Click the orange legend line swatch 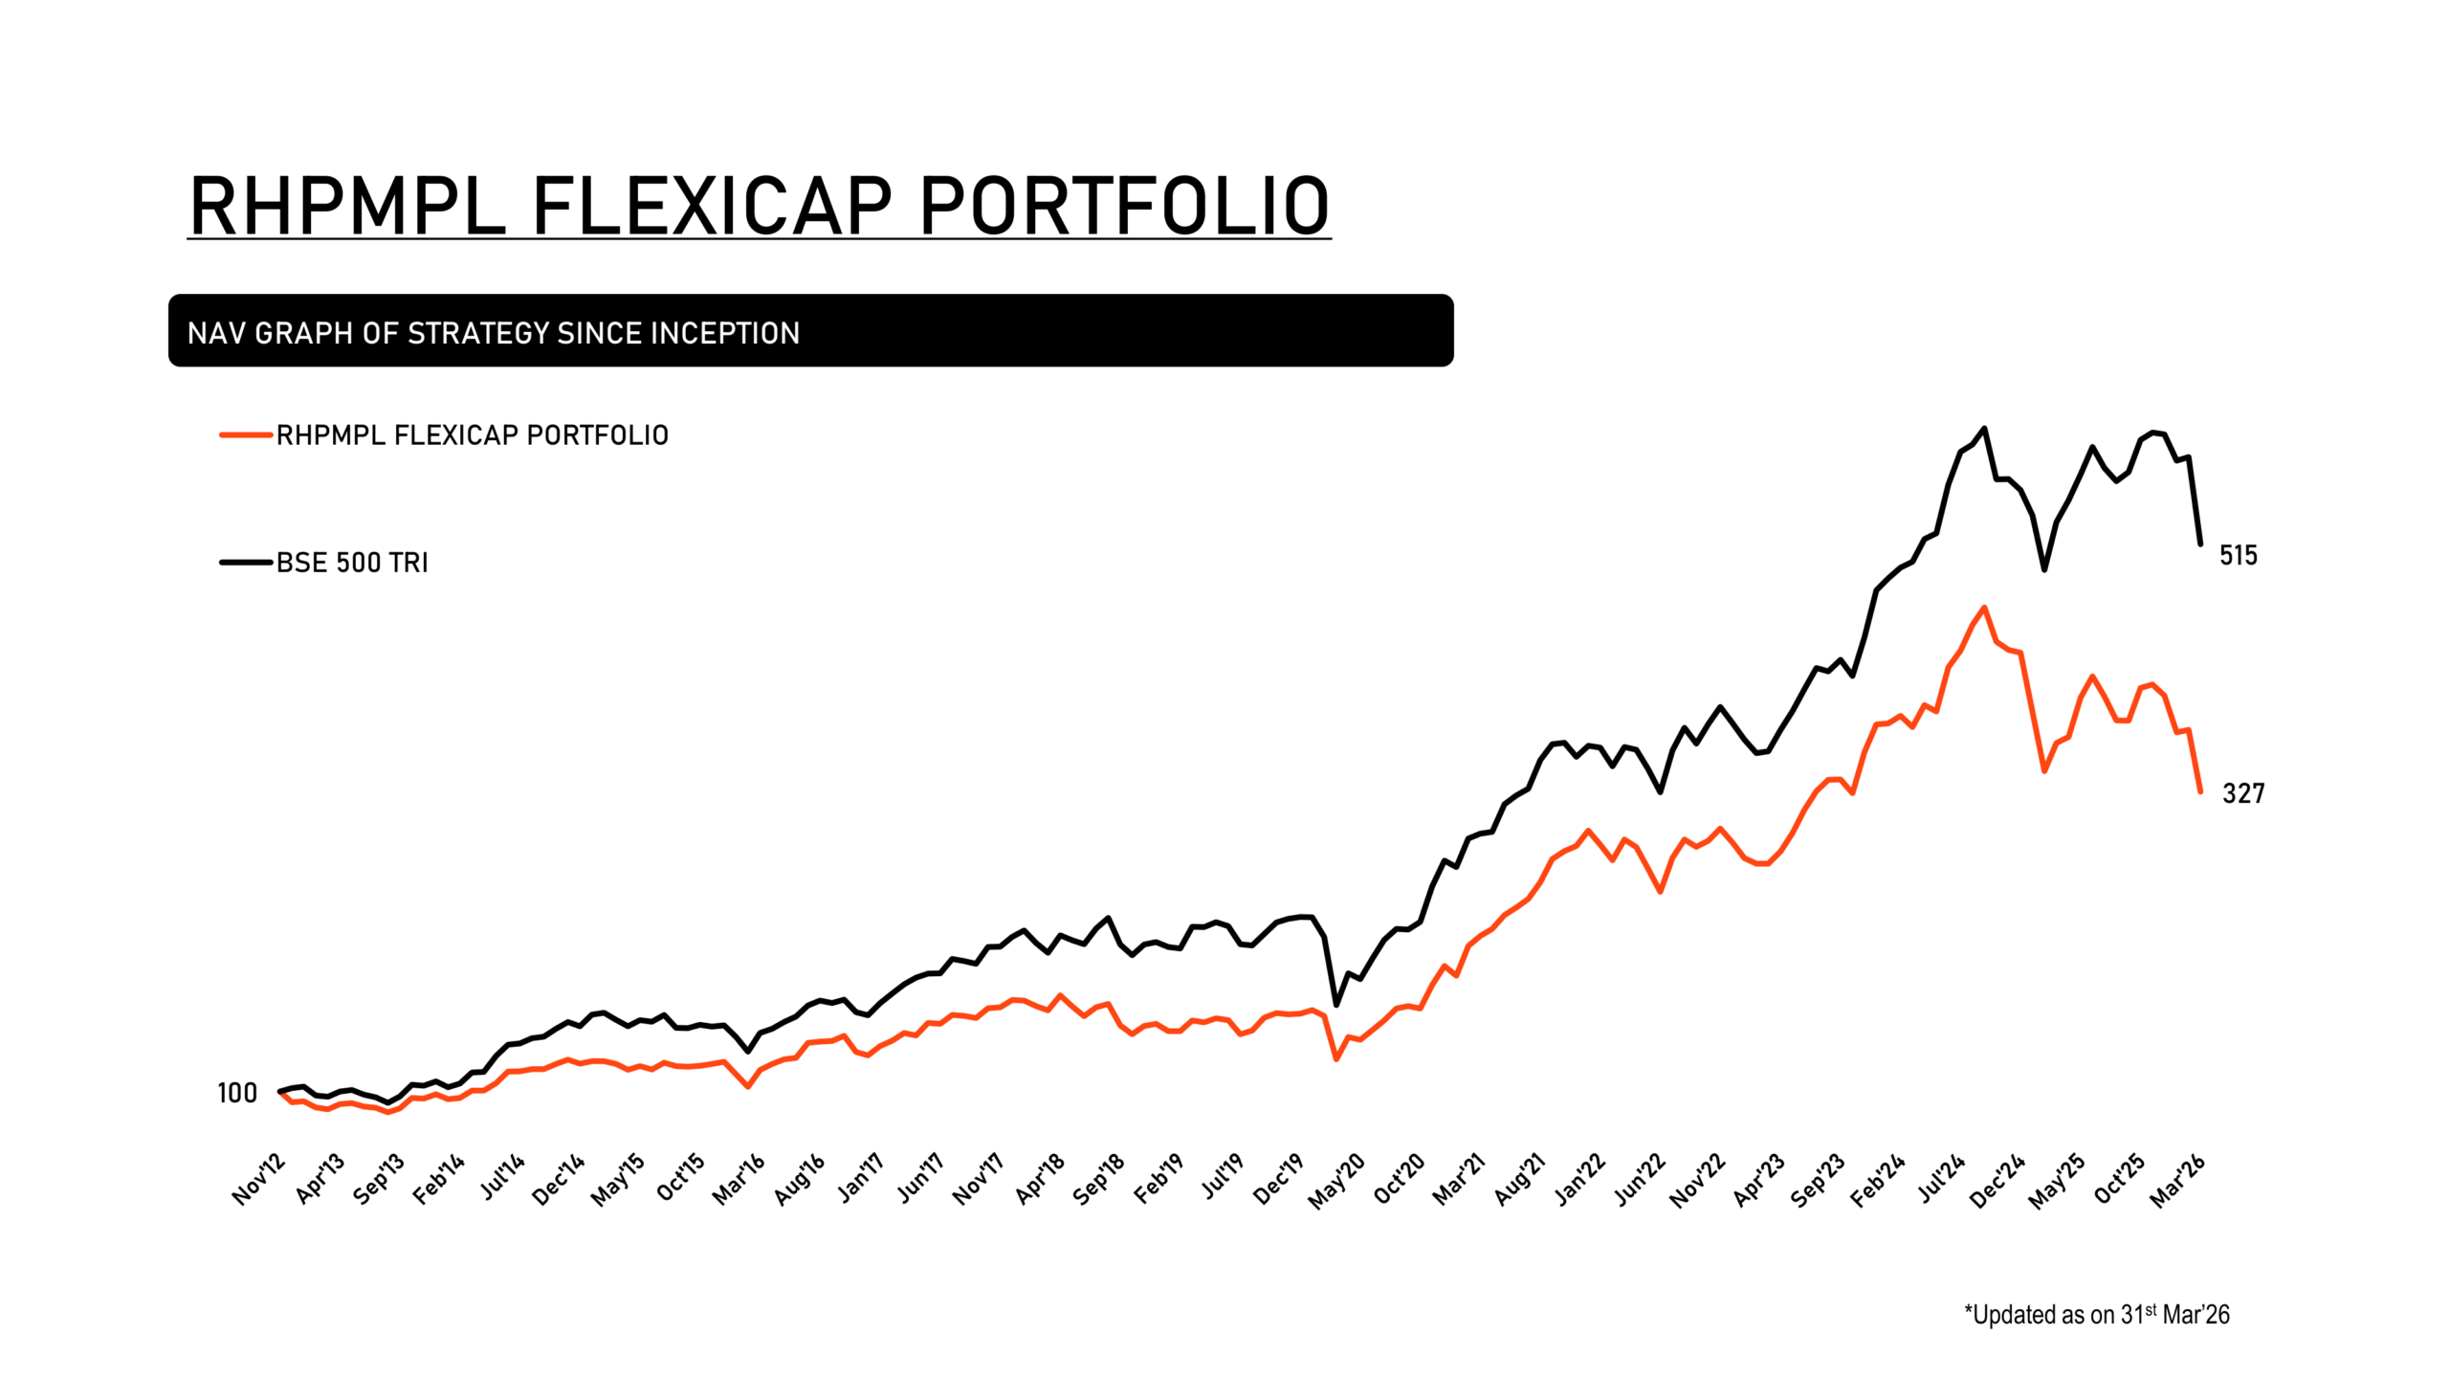click(246, 435)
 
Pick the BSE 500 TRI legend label click(352, 563)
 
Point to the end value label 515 click(2238, 555)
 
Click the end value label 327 click(2242, 793)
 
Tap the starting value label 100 click(237, 1093)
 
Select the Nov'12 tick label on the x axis click(259, 1179)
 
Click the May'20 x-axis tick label click(1337, 1181)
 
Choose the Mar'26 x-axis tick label click(2177, 1181)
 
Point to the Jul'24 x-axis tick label click(1941, 1179)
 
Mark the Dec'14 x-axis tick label click(559, 1179)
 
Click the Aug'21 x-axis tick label click(1520, 1179)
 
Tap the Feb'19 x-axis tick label click(1159, 1179)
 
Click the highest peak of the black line click(1984, 429)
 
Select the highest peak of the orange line click(1984, 608)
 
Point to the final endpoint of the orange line click(2200, 791)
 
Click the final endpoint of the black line click(2200, 544)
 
